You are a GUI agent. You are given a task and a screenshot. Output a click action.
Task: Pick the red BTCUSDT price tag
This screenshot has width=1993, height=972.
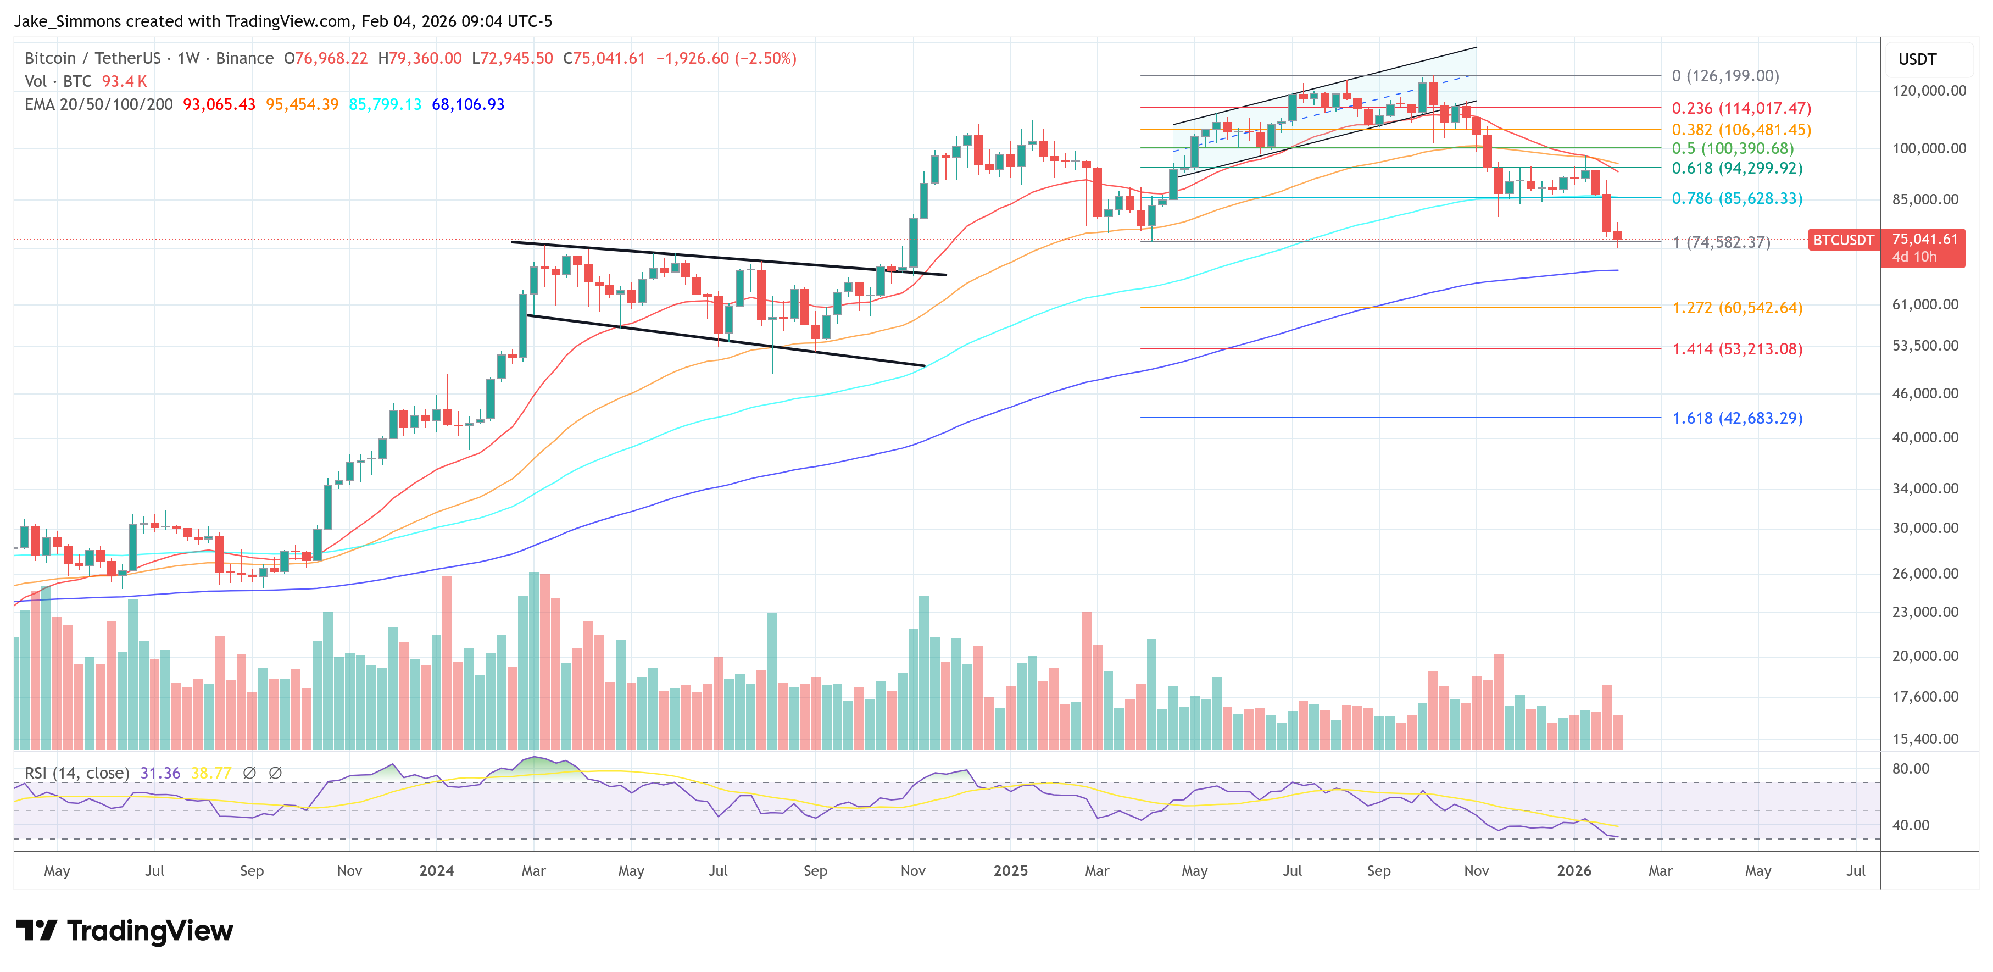pos(1843,240)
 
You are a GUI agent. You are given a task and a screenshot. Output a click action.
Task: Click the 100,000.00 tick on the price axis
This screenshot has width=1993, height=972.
pos(1929,148)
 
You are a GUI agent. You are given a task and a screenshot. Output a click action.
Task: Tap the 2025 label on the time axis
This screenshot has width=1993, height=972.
pos(1010,870)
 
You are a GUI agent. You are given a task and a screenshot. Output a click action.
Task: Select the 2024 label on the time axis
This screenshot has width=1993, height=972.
pos(436,870)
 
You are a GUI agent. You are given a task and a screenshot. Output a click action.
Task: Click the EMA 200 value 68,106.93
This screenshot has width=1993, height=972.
pos(468,104)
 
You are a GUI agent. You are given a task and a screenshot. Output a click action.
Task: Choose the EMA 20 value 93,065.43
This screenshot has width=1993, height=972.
pos(219,104)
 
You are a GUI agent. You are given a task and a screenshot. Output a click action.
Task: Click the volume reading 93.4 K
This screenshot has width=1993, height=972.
pos(124,81)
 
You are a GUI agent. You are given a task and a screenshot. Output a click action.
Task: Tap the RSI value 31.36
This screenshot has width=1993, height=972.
pos(160,773)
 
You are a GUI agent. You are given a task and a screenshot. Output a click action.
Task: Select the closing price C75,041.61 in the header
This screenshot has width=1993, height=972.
pos(604,58)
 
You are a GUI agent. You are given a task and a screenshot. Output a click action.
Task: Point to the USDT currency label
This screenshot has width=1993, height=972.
pos(1917,59)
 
